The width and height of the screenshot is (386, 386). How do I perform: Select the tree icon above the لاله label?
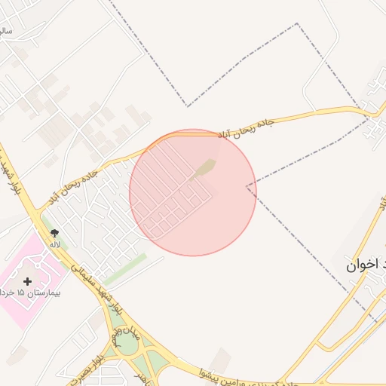point(54,234)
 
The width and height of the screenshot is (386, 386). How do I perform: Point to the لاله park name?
point(54,244)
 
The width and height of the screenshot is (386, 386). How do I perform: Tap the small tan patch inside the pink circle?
point(205,168)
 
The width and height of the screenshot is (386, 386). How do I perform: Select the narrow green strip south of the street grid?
point(124,265)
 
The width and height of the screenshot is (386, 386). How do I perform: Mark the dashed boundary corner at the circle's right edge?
point(247,185)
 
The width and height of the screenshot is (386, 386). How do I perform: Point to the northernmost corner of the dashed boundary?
point(297,23)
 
